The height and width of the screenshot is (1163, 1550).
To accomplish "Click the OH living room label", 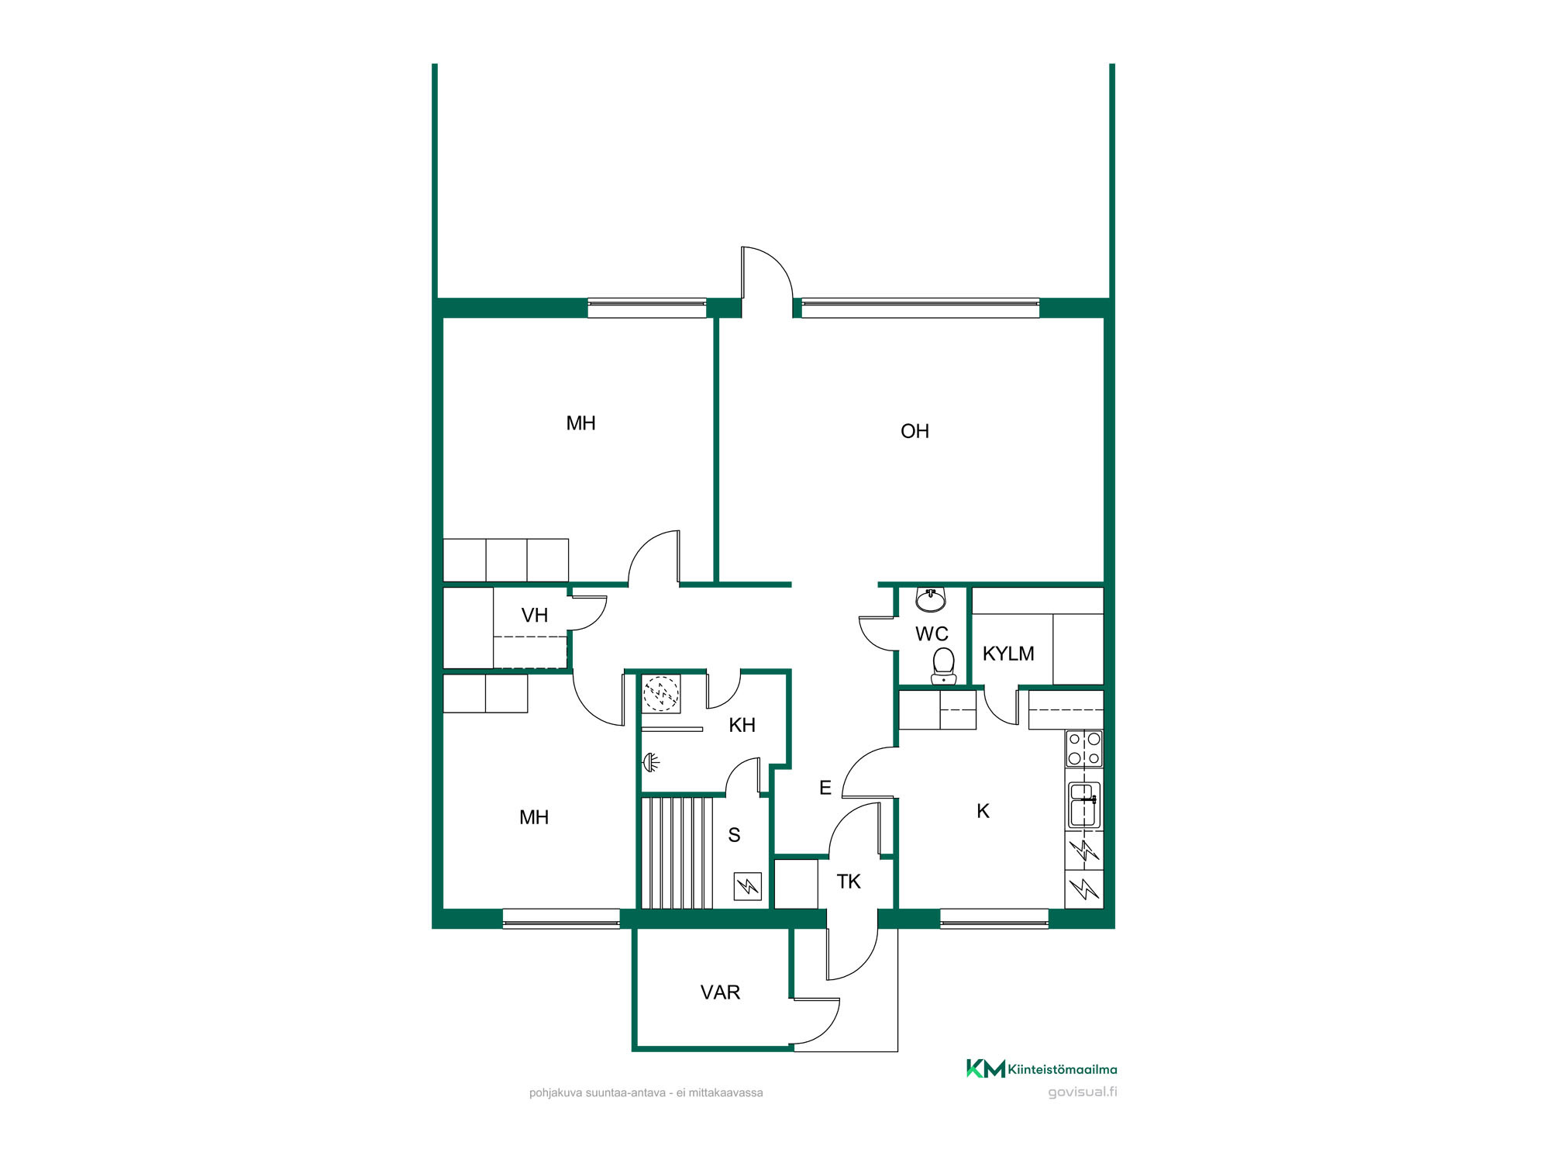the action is (x=914, y=431).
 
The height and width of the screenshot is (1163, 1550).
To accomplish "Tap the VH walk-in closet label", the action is (x=535, y=616).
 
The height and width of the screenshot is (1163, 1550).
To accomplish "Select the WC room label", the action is (x=932, y=634).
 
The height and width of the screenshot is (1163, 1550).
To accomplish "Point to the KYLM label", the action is (x=1008, y=654).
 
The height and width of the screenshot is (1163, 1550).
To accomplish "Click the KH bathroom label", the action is (x=742, y=725).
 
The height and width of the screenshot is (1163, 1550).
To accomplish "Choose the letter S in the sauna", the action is (x=734, y=835).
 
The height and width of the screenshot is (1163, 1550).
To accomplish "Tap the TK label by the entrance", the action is (x=849, y=882).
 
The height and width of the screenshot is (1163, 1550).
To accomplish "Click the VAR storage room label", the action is (x=720, y=992).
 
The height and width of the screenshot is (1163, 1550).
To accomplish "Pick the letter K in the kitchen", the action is (x=983, y=811).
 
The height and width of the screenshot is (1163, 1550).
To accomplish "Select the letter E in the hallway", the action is (x=825, y=788).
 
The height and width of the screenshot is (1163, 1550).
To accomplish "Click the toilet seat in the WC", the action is (x=943, y=666).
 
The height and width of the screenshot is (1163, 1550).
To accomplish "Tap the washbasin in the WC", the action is (x=931, y=599).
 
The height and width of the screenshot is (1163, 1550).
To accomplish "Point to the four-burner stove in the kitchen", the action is (x=1084, y=748).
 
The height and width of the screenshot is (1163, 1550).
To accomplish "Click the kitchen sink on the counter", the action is (x=1084, y=806).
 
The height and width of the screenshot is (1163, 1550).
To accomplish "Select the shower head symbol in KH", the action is (x=652, y=763).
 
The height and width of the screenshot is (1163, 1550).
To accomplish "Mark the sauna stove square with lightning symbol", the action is (x=748, y=886).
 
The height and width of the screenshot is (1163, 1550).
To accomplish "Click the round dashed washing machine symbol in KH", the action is (x=661, y=693).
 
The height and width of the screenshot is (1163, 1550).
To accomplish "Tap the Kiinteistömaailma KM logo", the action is (x=985, y=1068).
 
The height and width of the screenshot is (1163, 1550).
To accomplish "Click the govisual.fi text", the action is (x=1083, y=1092).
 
